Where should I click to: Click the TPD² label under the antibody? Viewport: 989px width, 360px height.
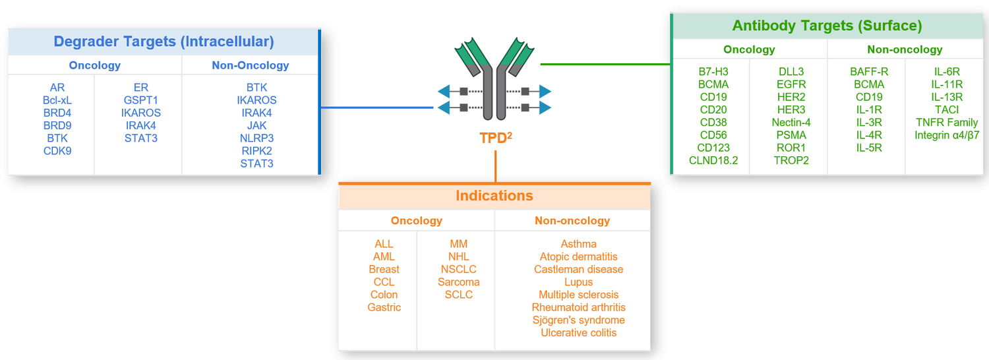[x=495, y=139]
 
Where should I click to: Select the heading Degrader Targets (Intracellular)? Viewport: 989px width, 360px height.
[x=164, y=42]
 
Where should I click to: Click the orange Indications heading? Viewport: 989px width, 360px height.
[x=494, y=196]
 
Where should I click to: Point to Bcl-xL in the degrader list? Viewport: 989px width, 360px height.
[x=57, y=100]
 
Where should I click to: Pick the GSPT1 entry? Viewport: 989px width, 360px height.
[x=141, y=100]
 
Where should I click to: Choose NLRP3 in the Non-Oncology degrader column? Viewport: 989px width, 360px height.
[x=256, y=138]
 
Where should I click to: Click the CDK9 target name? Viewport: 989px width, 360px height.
[x=57, y=151]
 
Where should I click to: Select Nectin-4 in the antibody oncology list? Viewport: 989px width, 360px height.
[x=791, y=123]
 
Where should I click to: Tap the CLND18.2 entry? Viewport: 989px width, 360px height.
[x=713, y=160]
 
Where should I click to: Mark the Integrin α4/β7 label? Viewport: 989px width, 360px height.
[x=947, y=135]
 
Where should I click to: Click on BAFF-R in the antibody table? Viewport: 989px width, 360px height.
[x=869, y=72]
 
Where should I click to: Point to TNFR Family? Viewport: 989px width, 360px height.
[x=947, y=123]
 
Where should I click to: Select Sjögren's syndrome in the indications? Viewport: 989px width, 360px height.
[x=578, y=320]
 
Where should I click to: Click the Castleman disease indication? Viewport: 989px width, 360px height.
[x=578, y=270]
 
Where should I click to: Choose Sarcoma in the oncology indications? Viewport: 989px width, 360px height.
[x=458, y=282]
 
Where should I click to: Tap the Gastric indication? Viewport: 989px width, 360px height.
[x=384, y=308]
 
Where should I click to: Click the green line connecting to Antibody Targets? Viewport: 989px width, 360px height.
[x=605, y=65]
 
